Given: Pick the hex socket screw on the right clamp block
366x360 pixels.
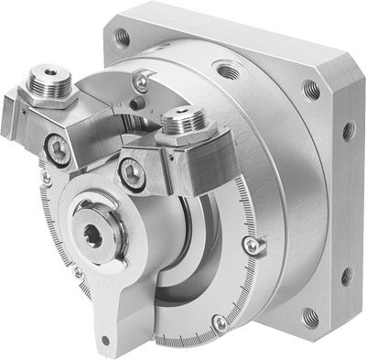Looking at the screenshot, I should (x=134, y=172).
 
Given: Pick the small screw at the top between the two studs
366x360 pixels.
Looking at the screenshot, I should (x=140, y=83).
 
